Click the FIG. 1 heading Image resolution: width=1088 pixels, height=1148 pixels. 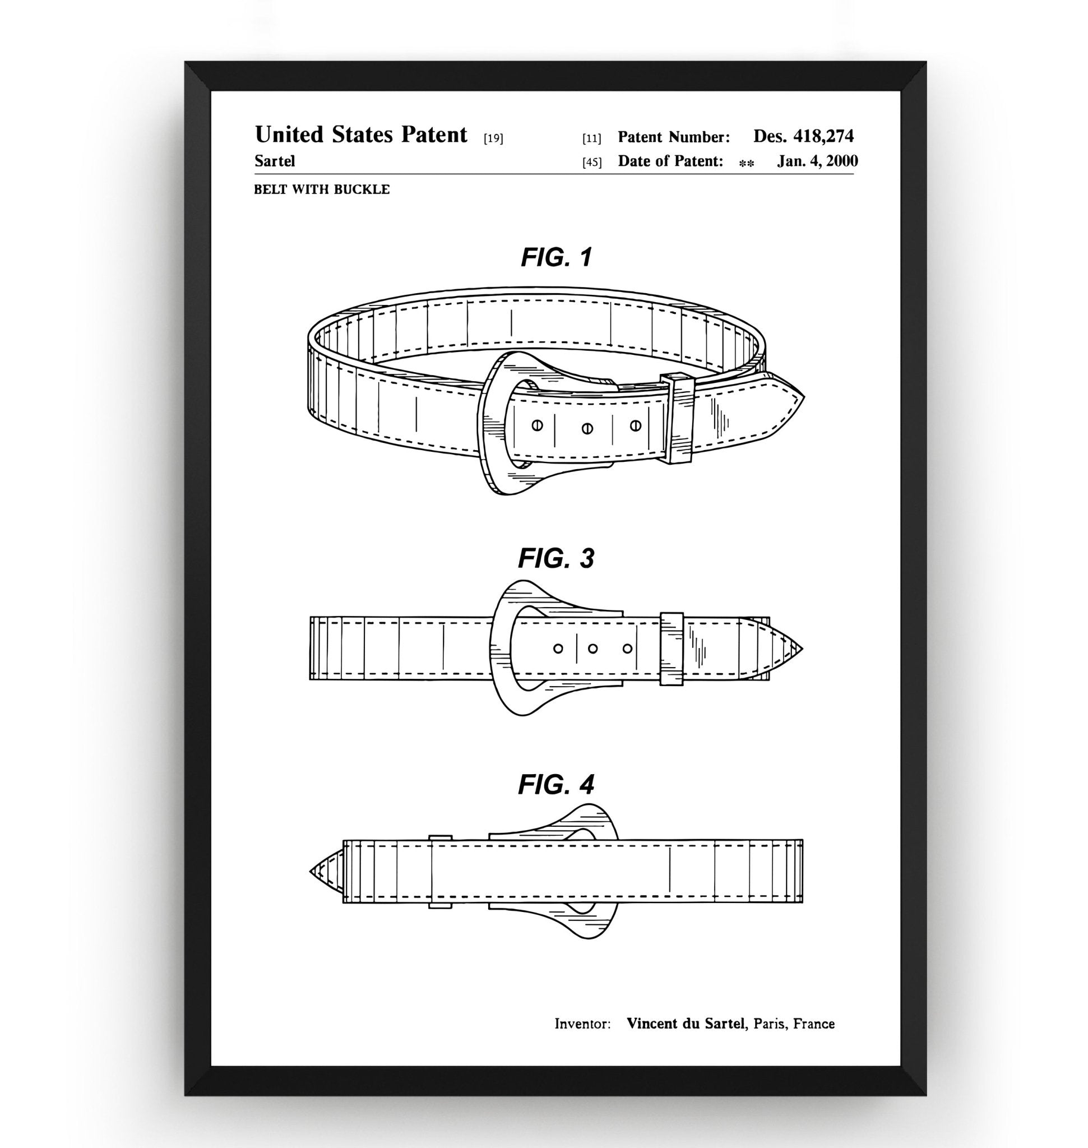coord(556,257)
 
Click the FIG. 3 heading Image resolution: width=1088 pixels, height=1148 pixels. coord(556,558)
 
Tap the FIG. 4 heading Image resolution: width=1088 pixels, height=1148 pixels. coord(556,784)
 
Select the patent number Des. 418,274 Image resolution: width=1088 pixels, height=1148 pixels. coord(803,136)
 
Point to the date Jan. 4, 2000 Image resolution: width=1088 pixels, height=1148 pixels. coord(817,161)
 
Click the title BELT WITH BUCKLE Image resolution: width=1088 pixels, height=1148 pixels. coord(322,189)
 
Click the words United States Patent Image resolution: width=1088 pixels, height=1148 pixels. coord(361,135)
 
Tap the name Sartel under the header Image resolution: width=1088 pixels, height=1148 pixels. coord(274,161)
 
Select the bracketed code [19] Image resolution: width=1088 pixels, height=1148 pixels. coord(493,138)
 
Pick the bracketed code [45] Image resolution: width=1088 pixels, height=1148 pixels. coord(591,163)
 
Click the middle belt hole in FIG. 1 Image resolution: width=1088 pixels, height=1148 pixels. coord(587,428)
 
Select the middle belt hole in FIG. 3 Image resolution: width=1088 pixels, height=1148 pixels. coord(592,649)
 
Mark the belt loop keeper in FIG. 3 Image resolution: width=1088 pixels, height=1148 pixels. coord(672,648)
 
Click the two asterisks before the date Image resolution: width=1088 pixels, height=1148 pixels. coord(747,164)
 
